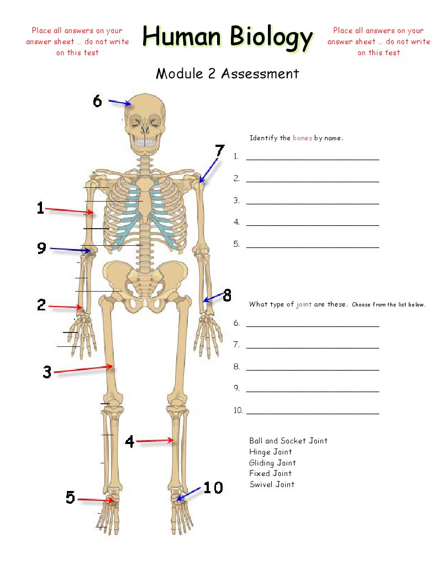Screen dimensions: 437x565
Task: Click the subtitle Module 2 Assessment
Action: pos(227,73)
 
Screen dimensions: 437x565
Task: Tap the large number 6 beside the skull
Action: pos(97,101)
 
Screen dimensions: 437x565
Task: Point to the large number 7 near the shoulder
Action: pos(220,150)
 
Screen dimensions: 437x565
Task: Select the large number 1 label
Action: pos(40,208)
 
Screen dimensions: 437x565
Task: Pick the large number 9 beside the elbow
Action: pos(41,249)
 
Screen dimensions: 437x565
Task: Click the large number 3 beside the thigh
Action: pos(47,372)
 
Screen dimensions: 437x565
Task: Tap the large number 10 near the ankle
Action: pos(213,488)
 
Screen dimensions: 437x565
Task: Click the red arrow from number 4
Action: pos(155,441)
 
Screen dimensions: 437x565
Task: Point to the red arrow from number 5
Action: pos(96,500)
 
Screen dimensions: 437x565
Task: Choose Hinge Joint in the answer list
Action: pos(270,452)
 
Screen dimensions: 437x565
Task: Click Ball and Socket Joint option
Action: pos(288,441)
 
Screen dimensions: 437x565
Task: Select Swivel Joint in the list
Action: pos(272,484)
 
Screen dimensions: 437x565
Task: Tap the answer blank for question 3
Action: pos(312,201)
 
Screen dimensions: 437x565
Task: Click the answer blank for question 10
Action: pos(312,411)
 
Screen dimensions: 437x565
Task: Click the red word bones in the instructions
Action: pos(302,138)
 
